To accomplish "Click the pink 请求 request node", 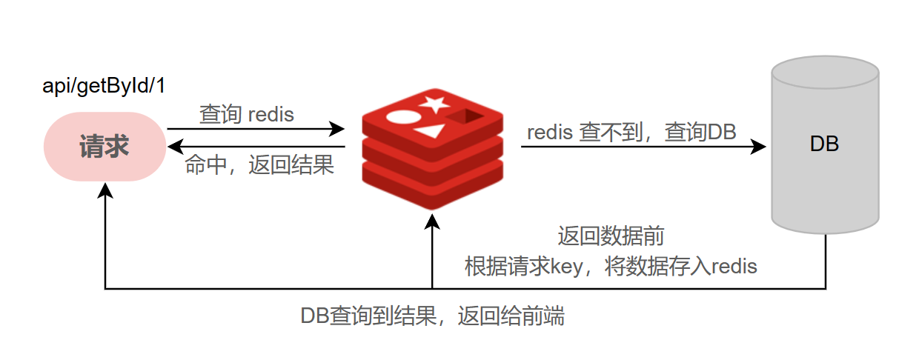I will coord(104,147).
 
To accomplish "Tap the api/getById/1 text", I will coord(104,86).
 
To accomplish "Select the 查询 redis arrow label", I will coord(247,115).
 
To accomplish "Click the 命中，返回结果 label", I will coord(259,164).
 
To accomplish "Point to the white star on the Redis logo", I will coord(433,103).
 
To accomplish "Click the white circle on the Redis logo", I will coord(403,117).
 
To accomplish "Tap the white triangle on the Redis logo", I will coord(431,133).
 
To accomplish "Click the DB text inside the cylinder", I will coord(824,144).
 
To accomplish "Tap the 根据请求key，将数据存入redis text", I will coord(611,266).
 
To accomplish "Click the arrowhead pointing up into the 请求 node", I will coord(105,190).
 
